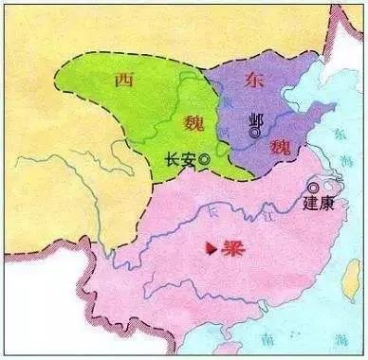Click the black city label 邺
point(254,118)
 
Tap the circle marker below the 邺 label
point(253,135)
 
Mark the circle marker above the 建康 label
point(314,188)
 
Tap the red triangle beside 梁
point(210,249)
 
